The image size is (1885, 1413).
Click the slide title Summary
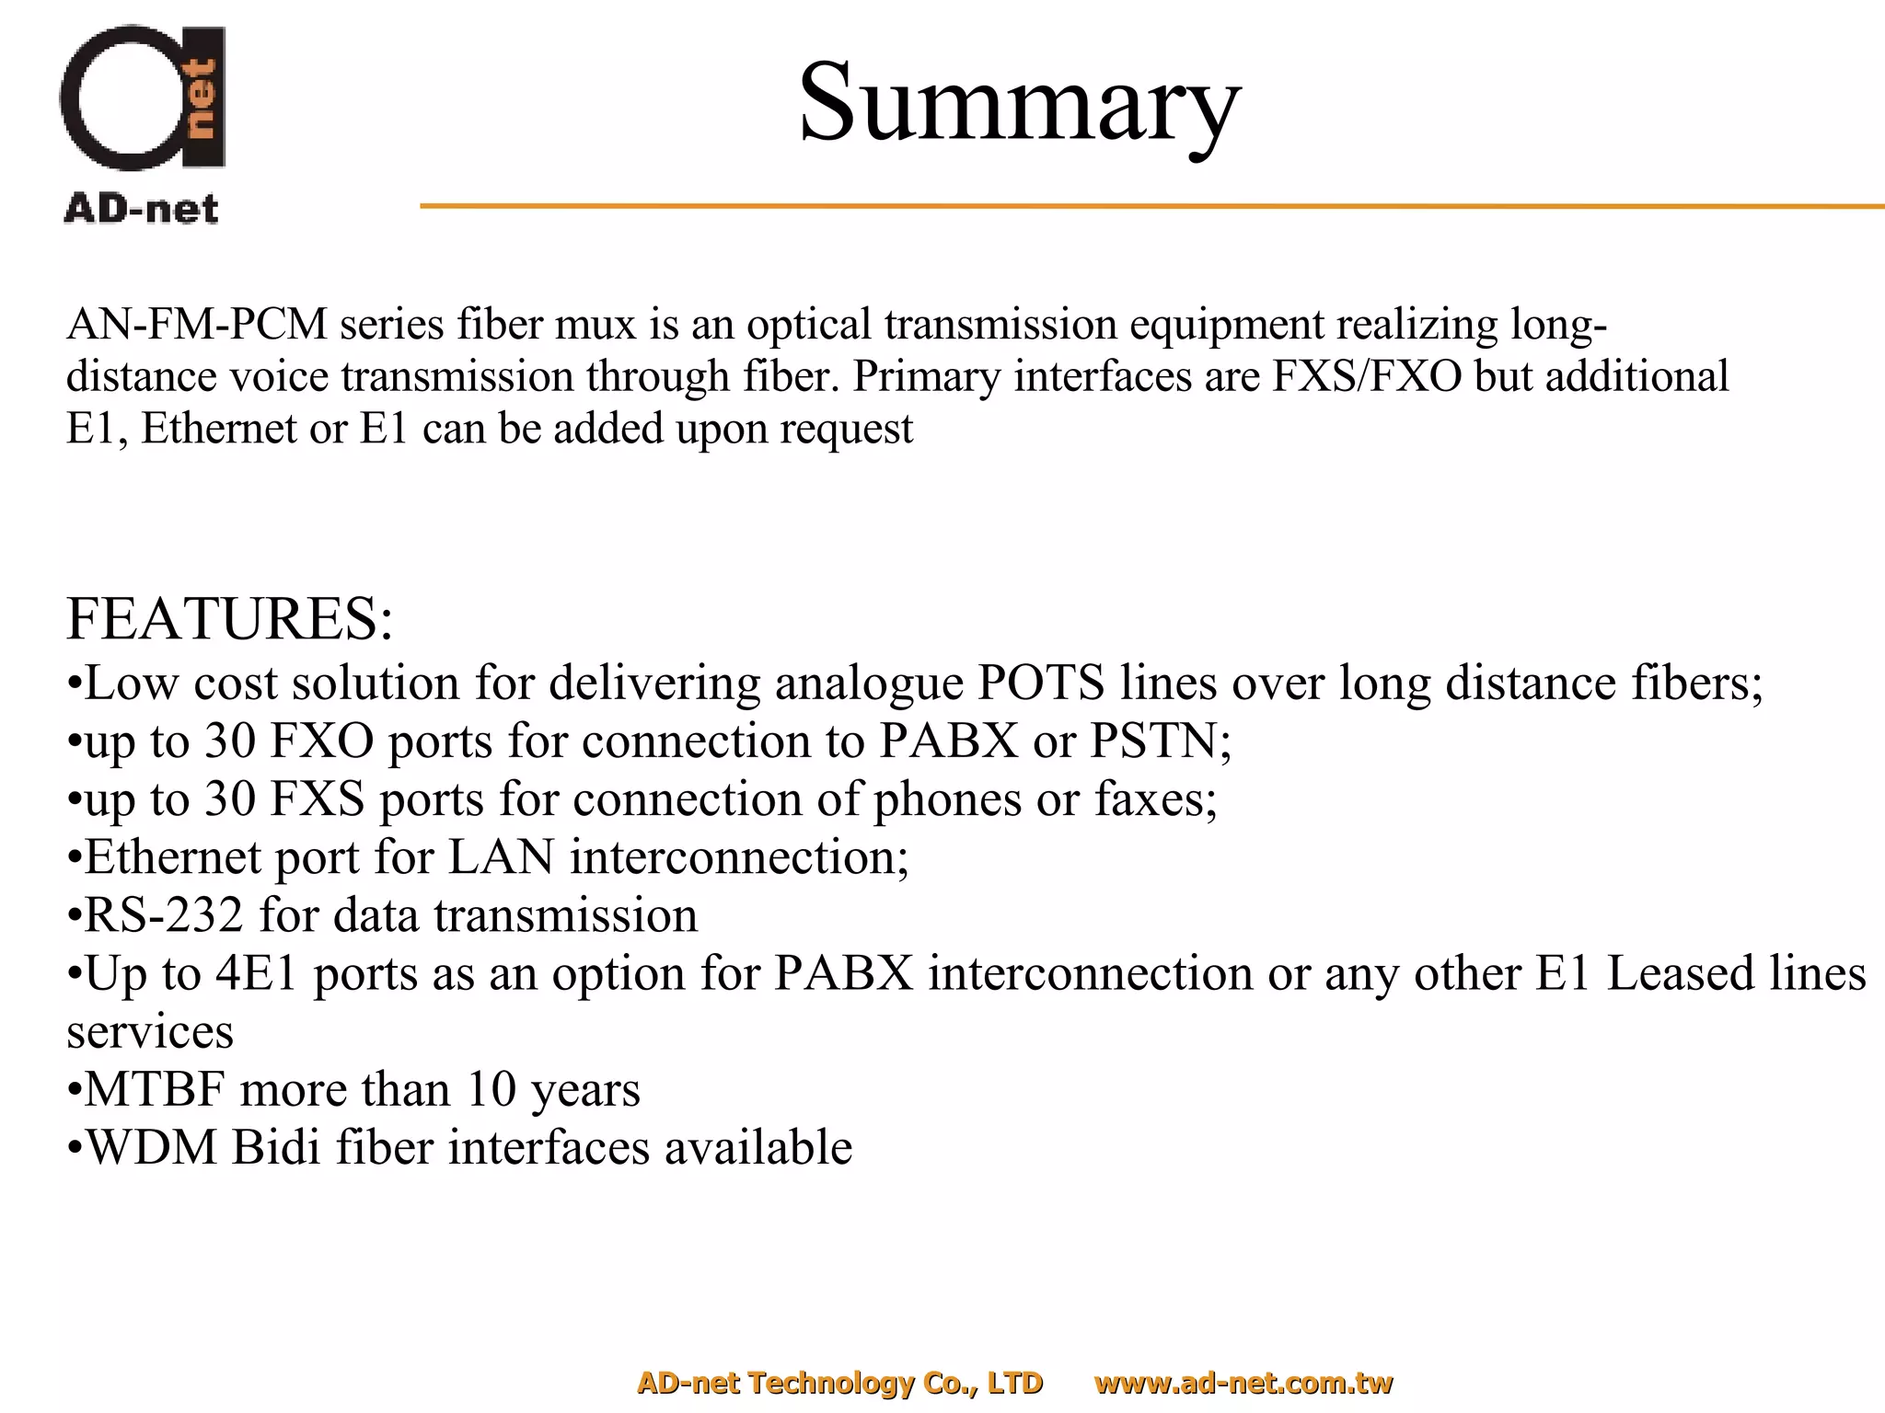tap(1019, 103)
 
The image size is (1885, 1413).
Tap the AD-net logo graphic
tap(143, 98)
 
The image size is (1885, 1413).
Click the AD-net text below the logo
tap(142, 210)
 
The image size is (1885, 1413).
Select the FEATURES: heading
tap(230, 618)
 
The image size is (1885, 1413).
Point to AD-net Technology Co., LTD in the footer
tap(839, 1383)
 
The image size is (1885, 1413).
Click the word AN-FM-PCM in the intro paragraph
tap(197, 325)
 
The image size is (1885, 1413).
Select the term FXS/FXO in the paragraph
tap(1367, 377)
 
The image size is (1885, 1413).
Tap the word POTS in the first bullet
tap(1040, 684)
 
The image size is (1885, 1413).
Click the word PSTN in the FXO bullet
tap(1159, 741)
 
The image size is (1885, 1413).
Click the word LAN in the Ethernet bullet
tap(501, 857)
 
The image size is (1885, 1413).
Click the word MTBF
tap(155, 1090)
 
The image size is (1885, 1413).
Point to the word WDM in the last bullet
tap(152, 1148)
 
